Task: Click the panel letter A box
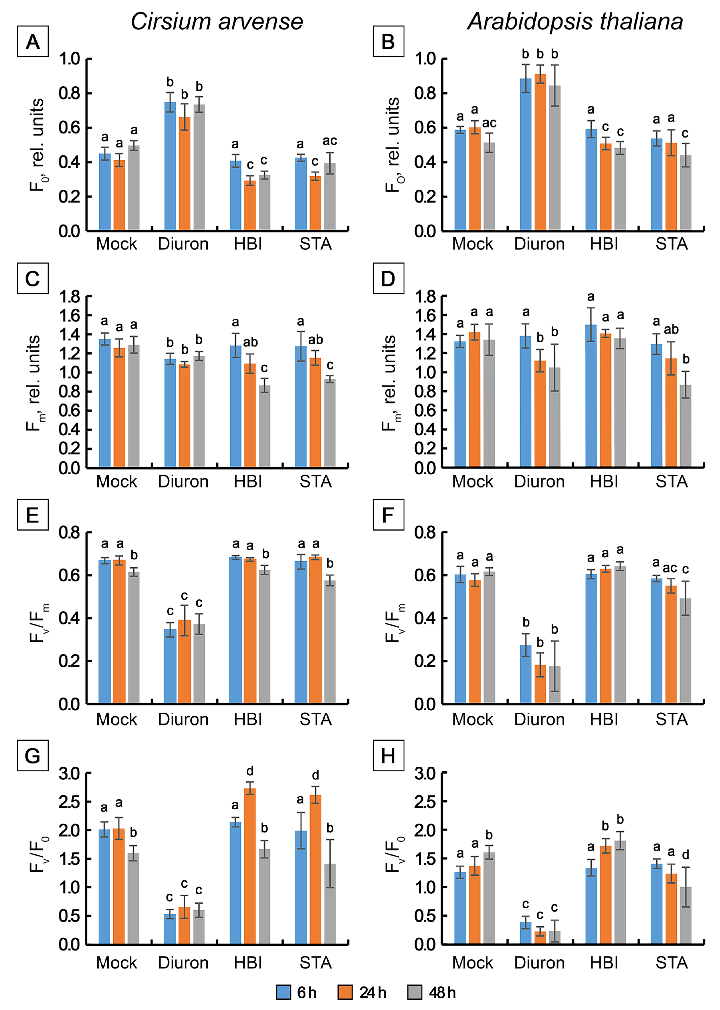33,42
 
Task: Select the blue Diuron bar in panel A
170,166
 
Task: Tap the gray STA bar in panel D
685,426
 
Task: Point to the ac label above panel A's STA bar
329,141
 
